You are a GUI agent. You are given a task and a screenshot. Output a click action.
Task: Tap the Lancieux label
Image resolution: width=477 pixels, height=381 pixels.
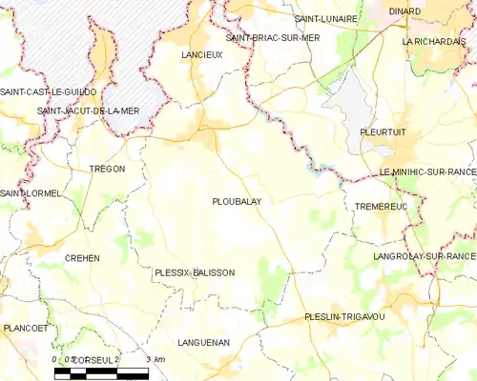click(201, 56)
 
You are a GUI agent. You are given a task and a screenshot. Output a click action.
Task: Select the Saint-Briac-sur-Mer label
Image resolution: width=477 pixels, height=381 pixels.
click(273, 38)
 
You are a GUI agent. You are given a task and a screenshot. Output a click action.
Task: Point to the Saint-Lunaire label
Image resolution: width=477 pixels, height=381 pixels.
click(326, 19)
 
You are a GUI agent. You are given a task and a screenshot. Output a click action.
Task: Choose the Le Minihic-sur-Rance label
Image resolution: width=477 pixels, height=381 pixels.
click(426, 171)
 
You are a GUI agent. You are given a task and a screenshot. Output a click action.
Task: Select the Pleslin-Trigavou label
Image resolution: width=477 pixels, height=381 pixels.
click(343, 316)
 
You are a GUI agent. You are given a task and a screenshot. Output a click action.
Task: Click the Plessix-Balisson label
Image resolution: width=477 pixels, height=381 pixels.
click(194, 273)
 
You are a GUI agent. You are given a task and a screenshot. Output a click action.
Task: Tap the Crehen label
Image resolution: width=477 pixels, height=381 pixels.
click(82, 258)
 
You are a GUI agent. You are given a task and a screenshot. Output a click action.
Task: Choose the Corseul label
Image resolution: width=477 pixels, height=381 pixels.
click(93, 358)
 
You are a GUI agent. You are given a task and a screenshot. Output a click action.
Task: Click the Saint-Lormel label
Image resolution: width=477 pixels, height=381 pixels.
click(31, 193)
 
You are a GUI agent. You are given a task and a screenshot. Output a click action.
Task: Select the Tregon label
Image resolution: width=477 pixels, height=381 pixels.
click(107, 169)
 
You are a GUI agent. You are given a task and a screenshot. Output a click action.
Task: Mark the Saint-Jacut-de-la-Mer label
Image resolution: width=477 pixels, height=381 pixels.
click(88, 110)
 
